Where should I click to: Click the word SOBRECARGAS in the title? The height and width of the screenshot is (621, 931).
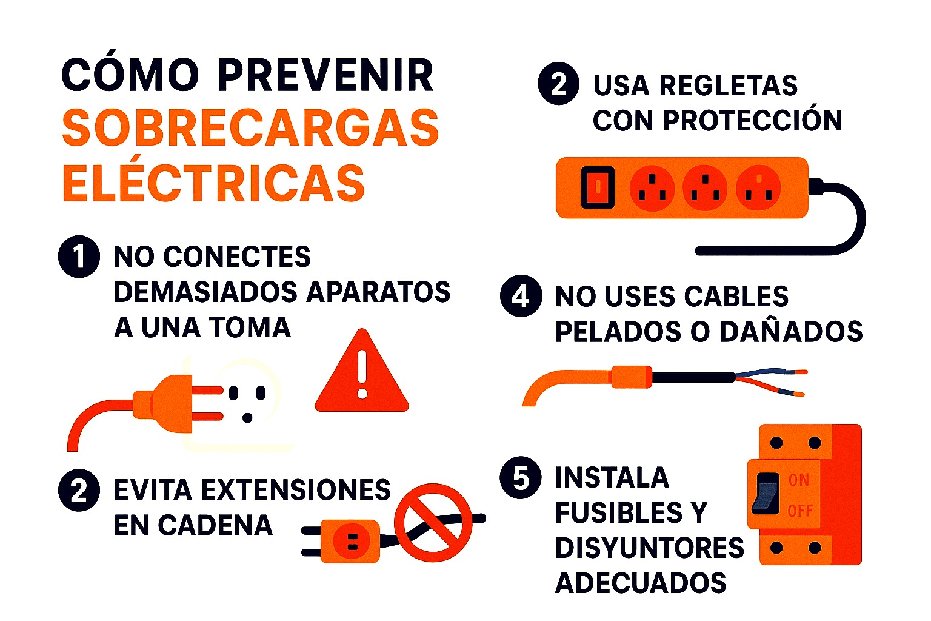250,128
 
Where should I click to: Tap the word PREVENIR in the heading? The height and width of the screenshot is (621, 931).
325,76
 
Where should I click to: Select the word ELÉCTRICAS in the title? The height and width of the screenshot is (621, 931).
214,183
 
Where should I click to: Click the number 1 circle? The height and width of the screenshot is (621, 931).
79,257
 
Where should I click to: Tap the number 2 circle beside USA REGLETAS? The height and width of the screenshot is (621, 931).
558,84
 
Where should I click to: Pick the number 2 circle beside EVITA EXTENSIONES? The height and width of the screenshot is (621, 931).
79,490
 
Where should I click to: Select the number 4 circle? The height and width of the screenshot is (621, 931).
521,296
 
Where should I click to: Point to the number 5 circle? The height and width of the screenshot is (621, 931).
521,478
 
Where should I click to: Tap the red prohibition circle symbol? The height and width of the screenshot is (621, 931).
433,522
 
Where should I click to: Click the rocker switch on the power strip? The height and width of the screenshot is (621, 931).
598,187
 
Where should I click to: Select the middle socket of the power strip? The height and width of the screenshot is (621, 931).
705,187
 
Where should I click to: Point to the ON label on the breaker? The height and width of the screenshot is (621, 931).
799,480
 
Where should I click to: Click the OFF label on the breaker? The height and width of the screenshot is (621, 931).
800,511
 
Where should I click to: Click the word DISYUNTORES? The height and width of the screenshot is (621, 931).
649,548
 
